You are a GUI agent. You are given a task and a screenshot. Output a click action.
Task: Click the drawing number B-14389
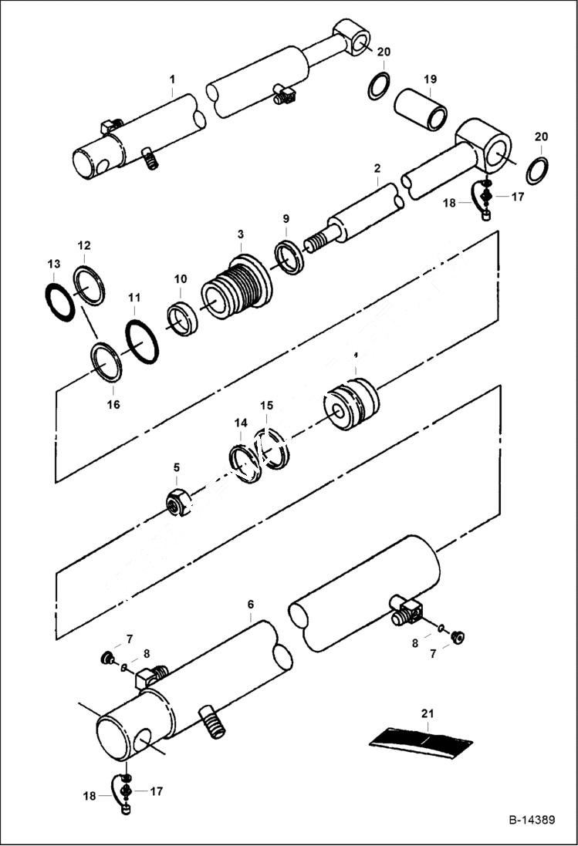point(530,820)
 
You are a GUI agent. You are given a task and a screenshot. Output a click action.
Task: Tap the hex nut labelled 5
point(178,502)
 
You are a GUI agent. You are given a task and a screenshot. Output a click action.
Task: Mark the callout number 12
point(84,245)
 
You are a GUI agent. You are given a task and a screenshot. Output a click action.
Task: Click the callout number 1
point(172,79)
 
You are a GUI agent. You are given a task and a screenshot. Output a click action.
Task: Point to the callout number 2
point(377,168)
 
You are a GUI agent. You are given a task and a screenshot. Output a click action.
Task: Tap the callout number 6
point(250,607)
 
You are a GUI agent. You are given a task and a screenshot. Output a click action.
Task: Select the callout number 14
point(241,423)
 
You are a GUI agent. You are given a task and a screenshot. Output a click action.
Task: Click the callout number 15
point(266,405)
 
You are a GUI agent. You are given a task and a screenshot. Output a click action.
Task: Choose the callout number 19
point(430,79)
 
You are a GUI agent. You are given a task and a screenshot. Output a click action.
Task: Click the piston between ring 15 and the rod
point(351,404)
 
